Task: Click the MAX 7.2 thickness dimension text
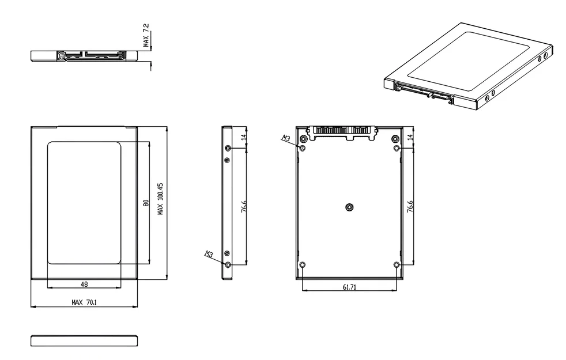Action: click(146, 35)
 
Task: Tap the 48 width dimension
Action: click(84, 284)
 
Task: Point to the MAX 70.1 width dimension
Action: click(84, 302)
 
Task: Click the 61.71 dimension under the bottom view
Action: click(349, 287)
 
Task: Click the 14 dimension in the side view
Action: click(244, 137)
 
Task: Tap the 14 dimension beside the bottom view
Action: click(410, 137)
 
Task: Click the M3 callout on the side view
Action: click(209, 253)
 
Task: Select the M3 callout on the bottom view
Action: click(286, 138)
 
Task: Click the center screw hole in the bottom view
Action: click(349, 207)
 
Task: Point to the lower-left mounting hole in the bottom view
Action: click(303, 264)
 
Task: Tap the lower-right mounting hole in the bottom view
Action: click(396, 264)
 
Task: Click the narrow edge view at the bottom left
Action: click(84, 341)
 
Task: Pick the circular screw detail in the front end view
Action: click(61, 56)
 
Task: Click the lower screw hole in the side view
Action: click(228, 264)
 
